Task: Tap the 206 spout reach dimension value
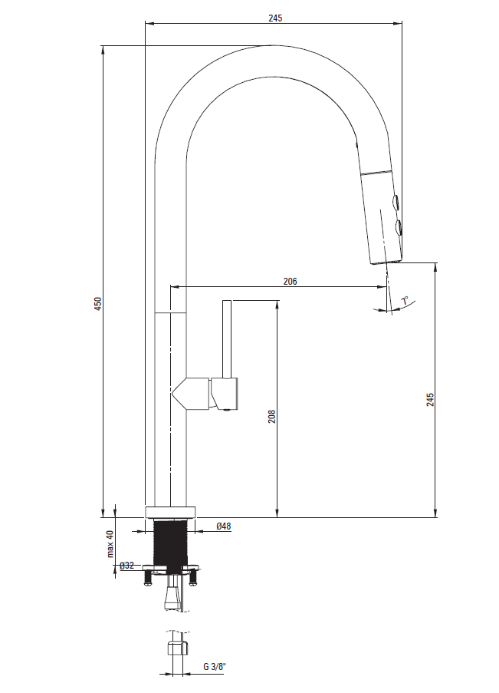click(291, 281)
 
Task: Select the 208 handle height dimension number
click(271, 416)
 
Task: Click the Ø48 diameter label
click(224, 526)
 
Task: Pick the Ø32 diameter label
click(126, 566)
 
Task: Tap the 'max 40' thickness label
click(110, 543)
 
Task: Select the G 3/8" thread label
click(215, 666)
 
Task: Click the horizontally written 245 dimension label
click(275, 18)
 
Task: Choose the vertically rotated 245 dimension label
click(430, 400)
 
